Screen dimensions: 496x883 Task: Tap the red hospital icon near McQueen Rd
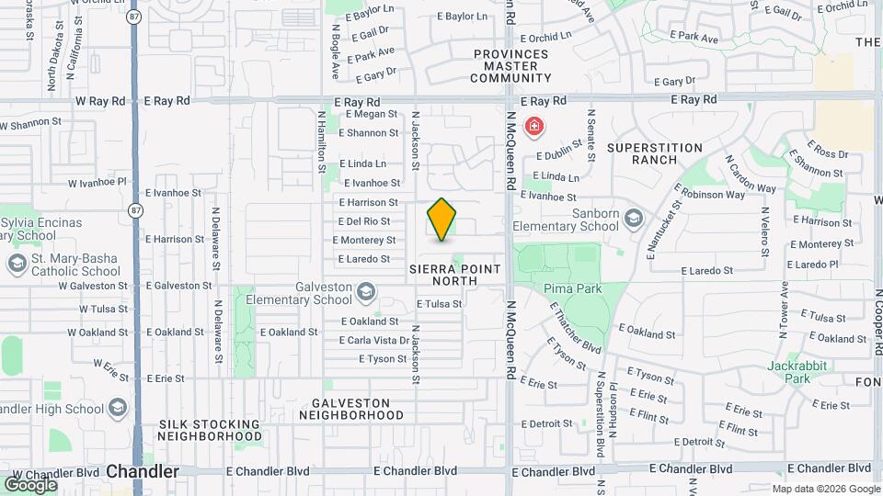tap(533, 127)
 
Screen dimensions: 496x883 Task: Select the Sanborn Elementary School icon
tap(633, 219)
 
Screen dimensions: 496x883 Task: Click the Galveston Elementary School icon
tap(366, 292)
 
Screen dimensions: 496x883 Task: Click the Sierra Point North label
tap(456, 275)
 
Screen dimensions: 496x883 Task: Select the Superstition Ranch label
tap(654, 153)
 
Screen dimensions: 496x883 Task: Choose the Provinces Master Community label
tap(510, 66)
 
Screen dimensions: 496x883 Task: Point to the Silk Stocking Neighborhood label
tap(209, 430)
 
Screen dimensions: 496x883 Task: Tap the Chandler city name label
tap(143, 471)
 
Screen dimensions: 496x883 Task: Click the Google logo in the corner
tap(30, 484)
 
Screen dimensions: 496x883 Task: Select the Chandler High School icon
tap(118, 408)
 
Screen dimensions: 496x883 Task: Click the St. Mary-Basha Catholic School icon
tap(17, 265)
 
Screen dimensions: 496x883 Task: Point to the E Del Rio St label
tap(364, 221)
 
